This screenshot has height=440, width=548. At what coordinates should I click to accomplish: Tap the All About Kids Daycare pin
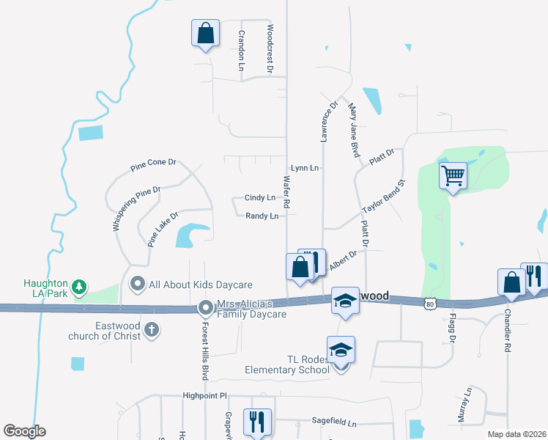pyautogui.click(x=137, y=283)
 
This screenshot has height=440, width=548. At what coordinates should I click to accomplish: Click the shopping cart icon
pyautogui.click(x=453, y=176)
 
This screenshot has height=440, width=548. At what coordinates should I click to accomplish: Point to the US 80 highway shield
pyautogui.click(x=429, y=302)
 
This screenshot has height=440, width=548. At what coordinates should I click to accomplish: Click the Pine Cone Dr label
pyautogui.click(x=154, y=164)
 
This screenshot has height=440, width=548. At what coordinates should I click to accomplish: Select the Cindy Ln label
pyautogui.click(x=260, y=198)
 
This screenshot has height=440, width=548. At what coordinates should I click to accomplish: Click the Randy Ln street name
pyautogui.click(x=262, y=216)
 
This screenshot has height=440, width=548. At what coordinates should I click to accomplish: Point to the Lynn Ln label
pyautogui.click(x=305, y=168)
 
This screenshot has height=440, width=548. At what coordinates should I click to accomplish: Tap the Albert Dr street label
pyautogui.click(x=343, y=260)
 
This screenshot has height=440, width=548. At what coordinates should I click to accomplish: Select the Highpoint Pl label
pyautogui.click(x=205, y=396)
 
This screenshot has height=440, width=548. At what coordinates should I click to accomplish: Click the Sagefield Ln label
pyautogui.click(x=333, y=423)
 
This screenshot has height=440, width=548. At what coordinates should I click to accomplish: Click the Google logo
pyautogui.click(x=24, y=431)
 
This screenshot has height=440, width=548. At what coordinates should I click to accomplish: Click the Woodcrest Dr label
pyautogui.click(x=270, y=49)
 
